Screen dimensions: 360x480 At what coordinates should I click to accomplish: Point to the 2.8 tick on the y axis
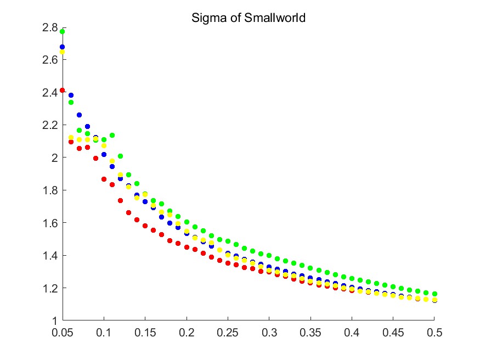[x=50, y=27]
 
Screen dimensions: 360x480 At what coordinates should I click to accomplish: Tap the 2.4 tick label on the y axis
[x=50, y=92]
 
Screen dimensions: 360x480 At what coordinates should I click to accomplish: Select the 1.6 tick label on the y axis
[x=50, y=223]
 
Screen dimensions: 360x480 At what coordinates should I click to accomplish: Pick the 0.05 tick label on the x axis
[x=63, y=333]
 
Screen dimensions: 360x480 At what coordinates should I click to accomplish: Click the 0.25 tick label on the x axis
[x=228, y=333]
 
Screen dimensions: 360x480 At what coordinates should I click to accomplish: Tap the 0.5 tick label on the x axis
[x=434, y=333]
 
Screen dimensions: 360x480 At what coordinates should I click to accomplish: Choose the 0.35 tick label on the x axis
[x=310, y=333]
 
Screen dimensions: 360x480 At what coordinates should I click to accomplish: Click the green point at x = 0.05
[x=63, y=31]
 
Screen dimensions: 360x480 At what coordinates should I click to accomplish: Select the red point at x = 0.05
[x=63, y=90]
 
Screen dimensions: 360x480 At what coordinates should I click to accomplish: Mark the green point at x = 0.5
[x=434, y=294]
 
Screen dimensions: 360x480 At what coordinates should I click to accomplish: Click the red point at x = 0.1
[x=104, y=179]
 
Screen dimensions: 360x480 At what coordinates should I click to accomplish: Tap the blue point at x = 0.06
[x=71, y=95]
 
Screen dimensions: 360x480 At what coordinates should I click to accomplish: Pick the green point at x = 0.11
[x=112, y=135]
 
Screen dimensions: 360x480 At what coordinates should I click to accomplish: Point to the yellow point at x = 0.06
[x=71, y=137]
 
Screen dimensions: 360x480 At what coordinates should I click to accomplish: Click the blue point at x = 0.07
[x=79, y=115]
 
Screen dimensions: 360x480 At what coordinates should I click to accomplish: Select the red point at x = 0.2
[x=187, y=248]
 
